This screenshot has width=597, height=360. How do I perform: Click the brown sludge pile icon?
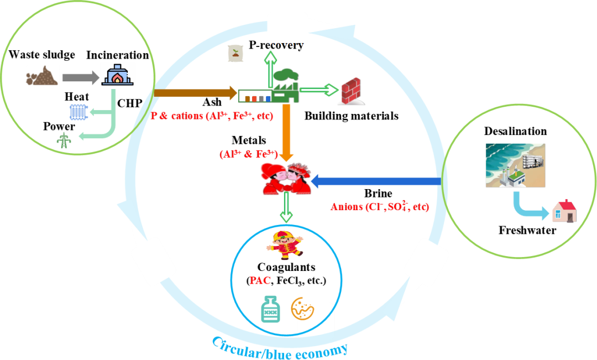[x=42, y=76]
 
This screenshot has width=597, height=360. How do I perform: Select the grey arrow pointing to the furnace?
[x=80, y=77]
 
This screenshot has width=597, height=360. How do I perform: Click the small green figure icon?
[x=64, y=140]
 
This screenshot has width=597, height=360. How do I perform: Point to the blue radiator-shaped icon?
[x=78, y=113]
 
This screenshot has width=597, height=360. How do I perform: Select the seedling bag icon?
[x=235, y=54]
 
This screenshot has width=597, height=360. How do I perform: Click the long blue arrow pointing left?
[x=376, y=181]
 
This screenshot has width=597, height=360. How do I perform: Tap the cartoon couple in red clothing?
[x=286, y=179]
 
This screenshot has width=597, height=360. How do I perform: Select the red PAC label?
[x=260, y=280]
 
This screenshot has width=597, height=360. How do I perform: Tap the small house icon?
[x=564, y=211]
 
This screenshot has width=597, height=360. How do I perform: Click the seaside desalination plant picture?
[x=515, y=165]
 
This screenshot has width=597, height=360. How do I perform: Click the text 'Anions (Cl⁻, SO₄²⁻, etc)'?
[x=380, y=207]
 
